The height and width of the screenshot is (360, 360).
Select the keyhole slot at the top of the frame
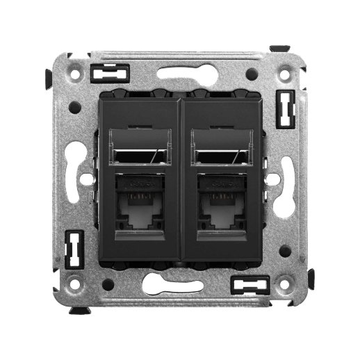click(x=181, y=71)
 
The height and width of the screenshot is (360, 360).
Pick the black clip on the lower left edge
click(x=72, y=249)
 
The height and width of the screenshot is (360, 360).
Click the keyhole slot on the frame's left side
click(x=85, y=177)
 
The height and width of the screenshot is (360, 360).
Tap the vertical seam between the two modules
click(x=181, y=181)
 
